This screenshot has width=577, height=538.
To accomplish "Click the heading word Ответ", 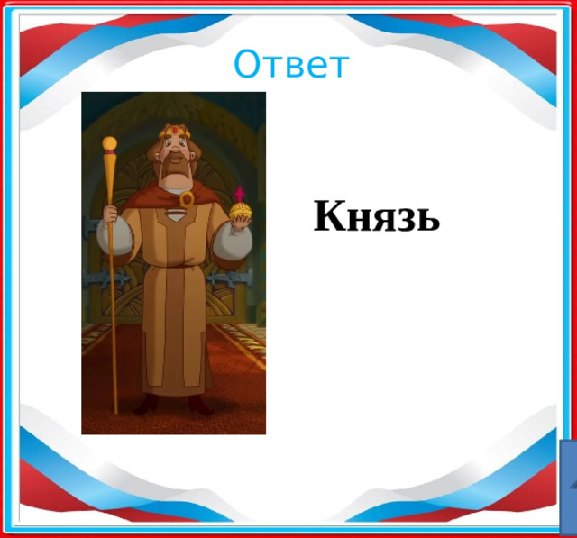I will [290, 65].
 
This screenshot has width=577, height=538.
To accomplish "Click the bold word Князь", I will [377, 217].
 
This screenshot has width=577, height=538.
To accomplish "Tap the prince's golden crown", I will [175, 132].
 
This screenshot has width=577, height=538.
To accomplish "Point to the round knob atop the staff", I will [110, 143].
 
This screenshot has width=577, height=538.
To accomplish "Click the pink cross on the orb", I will [240, 194].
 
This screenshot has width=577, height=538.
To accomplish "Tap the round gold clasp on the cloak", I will [187, 198].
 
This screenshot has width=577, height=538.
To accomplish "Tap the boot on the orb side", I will [200, 405].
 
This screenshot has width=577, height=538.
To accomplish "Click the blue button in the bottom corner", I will [568, 487].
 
